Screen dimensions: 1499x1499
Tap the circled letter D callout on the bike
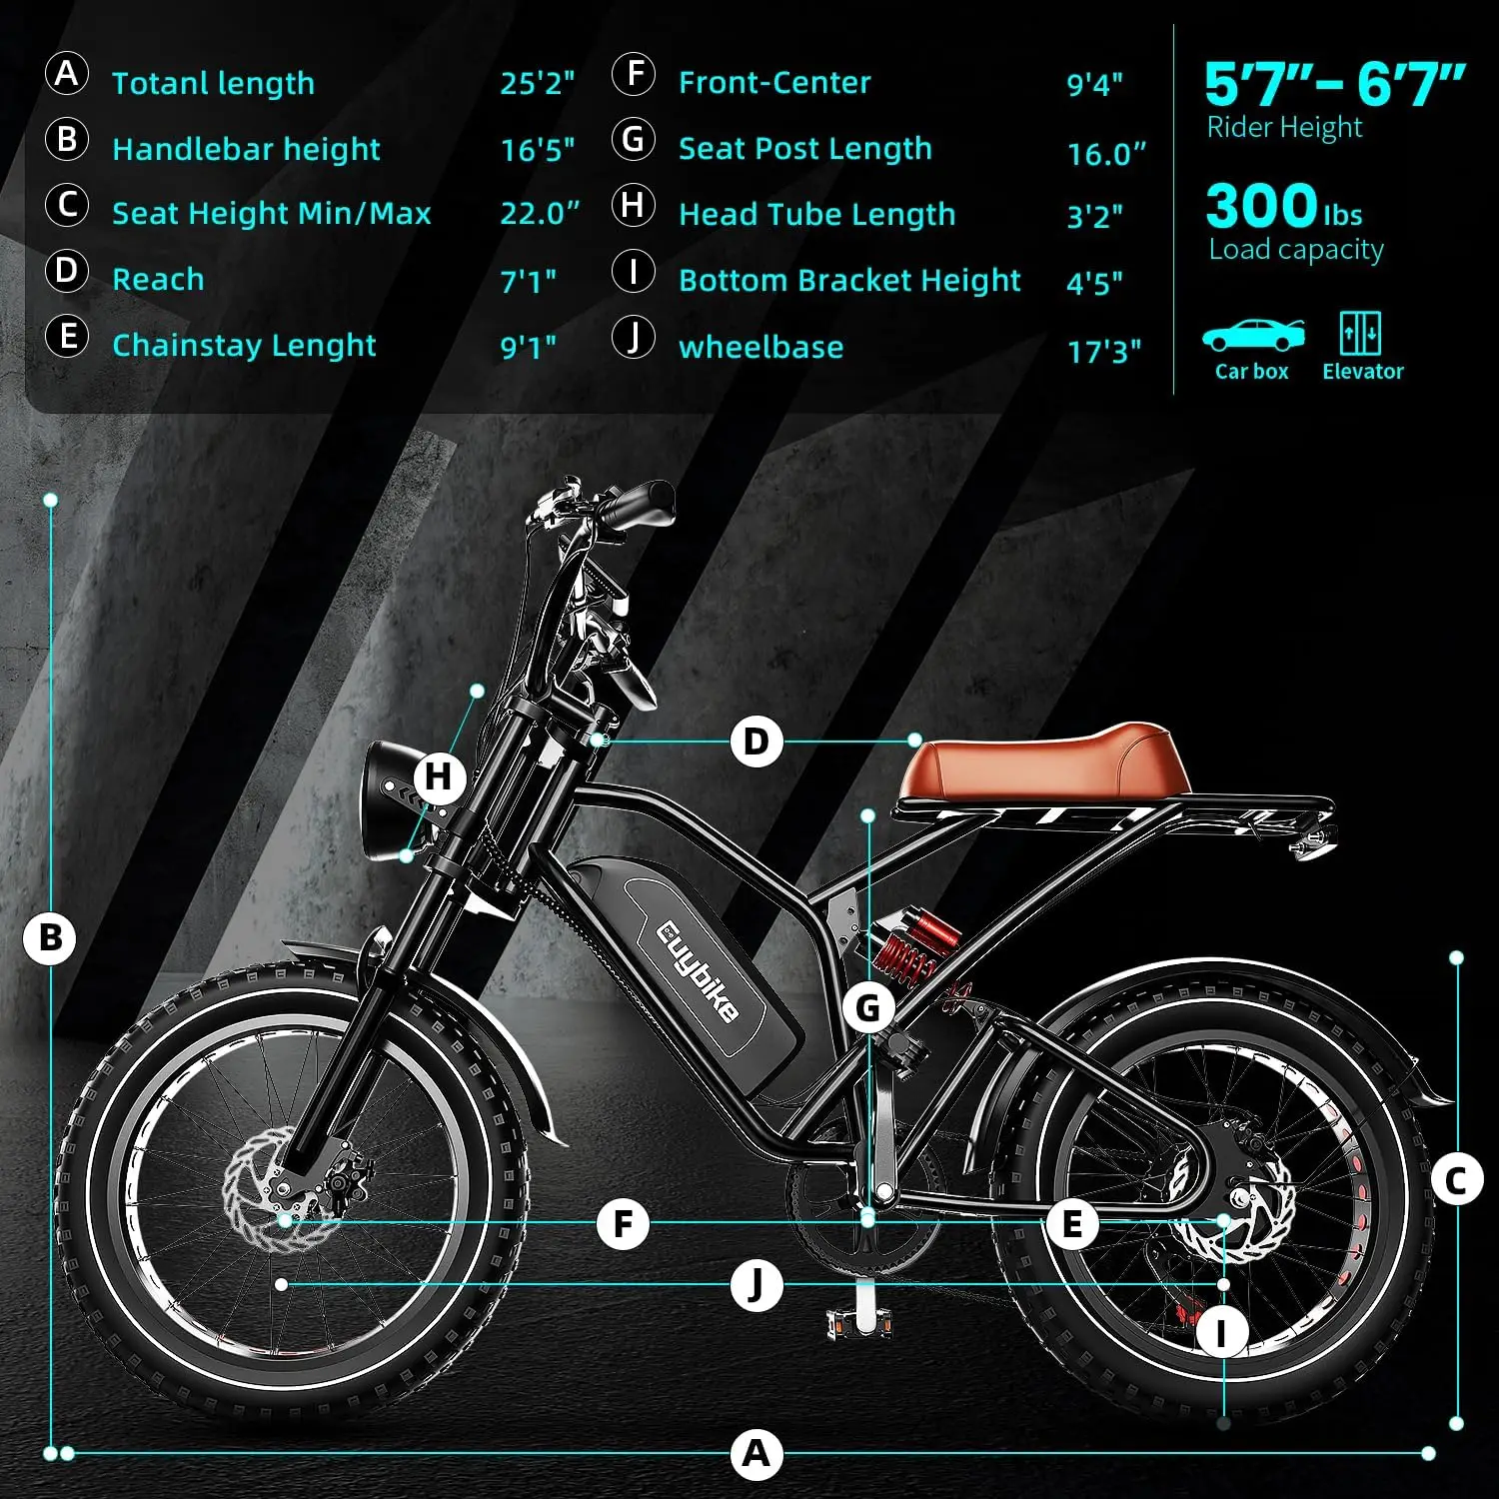[x=756, y=743]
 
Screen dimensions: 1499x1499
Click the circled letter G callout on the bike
[x=868, y=1008]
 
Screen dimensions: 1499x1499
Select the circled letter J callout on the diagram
[x=755, y=1284]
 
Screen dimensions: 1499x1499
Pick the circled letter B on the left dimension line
[x=50, y=938]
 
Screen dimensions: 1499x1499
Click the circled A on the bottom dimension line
[x=756, y=1453]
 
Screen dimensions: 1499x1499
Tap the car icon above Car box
[x=1252, y=335]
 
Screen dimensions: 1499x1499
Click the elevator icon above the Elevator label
[x=1360, y=333]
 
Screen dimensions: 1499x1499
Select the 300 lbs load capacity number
[x=1283, y=207]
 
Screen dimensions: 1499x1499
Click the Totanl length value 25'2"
[x=538, y=83]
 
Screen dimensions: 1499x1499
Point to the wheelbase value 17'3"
[x=1104, y=351]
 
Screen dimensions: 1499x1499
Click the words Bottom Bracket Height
[x=849, y=281]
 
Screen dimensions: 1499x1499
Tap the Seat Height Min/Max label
[x=272, y=213]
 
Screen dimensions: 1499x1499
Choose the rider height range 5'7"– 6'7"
[x=1334, y=85]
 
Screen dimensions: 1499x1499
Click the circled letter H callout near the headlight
[x=440, y=776]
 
